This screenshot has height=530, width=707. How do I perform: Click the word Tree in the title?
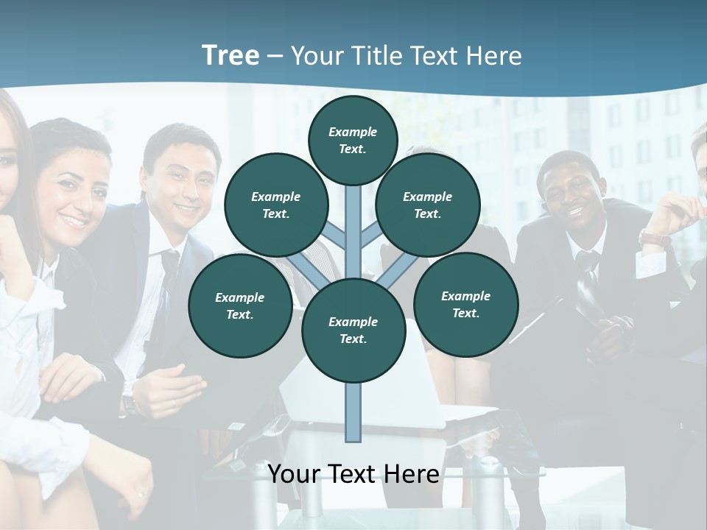[231, 55]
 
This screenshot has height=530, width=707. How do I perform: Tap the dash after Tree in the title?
[275, 57]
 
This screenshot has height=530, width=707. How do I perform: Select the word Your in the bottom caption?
[295, 474]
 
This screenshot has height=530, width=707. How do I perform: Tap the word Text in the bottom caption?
[352, 474]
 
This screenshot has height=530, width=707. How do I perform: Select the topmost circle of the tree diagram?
[353, 140]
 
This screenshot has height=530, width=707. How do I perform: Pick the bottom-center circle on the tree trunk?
[353, 331]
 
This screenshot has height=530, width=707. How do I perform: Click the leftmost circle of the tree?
[240, 306]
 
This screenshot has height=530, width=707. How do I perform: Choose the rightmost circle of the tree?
[465, 305]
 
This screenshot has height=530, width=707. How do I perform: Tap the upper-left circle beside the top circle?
[276, 205]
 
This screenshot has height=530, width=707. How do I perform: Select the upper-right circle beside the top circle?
[428, 205]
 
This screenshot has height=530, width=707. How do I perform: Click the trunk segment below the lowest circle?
[353, 412]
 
